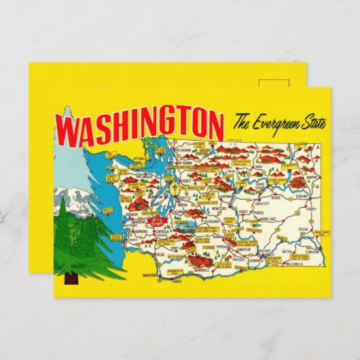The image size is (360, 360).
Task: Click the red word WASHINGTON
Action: (x=140, y=126)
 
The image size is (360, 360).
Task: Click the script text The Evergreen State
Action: (x=279, y=124)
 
